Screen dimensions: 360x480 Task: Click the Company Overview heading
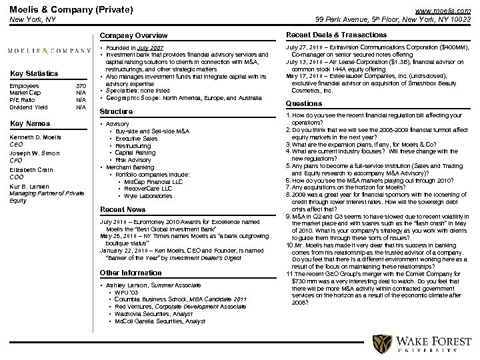(134, 35)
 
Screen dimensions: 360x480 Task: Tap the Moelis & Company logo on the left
(49, 51)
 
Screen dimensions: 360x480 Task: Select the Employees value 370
(81, 86)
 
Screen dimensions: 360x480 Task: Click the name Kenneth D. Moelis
(32, 137)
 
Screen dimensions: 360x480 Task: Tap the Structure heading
(116, 111)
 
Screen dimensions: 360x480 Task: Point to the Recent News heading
(123, 209)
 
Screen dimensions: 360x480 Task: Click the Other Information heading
(131, 273)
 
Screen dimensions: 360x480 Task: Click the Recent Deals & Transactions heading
(326, 34)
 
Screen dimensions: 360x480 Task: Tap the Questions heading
(303, 103)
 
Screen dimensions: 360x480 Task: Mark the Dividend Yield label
(29, 107)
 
